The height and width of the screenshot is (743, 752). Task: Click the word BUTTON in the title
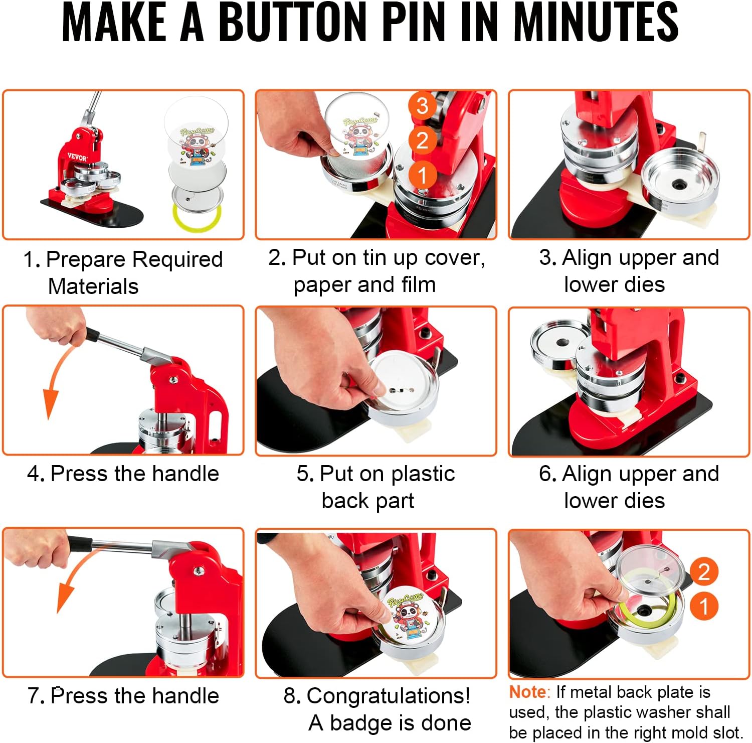coord(293,22)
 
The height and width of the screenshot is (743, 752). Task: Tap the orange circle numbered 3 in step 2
coord(422,105)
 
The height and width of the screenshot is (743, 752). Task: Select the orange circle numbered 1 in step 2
coord(422,175)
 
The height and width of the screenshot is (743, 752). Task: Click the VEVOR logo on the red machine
coord(77,157)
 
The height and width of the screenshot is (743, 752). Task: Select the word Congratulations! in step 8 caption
coord(389,696)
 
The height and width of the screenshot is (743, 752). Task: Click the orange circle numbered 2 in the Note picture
coord(704,571)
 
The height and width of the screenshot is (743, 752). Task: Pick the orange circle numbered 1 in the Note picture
coord(704,606)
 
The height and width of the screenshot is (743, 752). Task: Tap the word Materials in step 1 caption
coord(93,286)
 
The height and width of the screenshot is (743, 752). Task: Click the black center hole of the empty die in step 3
coord(680,184)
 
